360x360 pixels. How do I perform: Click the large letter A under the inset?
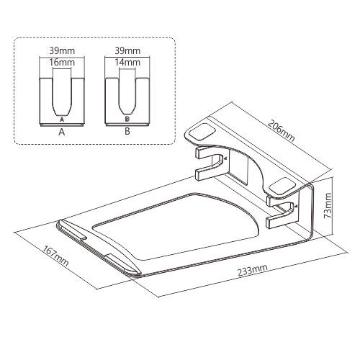click(62, 131)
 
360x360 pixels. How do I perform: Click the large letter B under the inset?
click(127, 131)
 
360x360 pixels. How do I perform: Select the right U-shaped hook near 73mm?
click(286, 212)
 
